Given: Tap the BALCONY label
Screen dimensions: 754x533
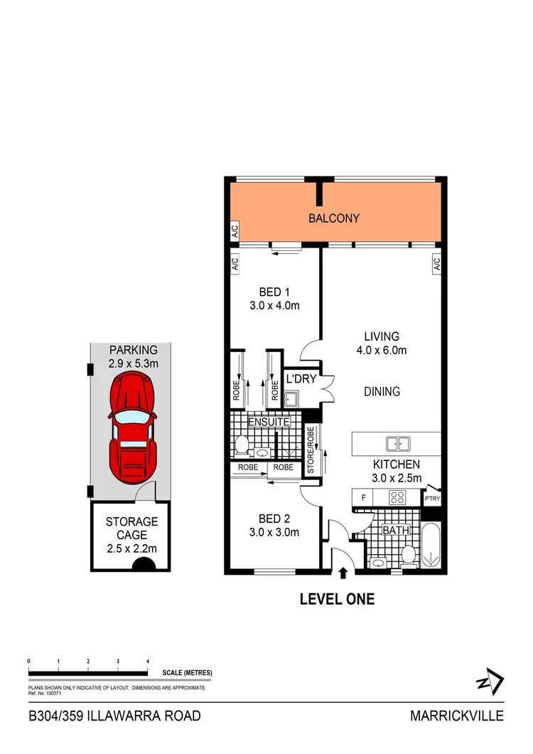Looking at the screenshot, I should click(x=333, y=218).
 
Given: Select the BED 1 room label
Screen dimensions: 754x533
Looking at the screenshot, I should click(x=274, y=299).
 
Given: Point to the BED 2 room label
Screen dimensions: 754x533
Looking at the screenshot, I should click(x=274, y=525).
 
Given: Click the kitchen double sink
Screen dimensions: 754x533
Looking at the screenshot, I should click(x=398, y=444).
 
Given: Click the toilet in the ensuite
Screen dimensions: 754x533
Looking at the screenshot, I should click(x=241, y=446).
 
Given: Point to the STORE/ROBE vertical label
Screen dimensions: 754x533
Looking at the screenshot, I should click(x=310, y=450).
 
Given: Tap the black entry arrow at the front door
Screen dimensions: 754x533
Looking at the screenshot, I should click(x=345, y=571).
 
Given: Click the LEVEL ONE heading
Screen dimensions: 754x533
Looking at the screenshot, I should click(x=337, y=600).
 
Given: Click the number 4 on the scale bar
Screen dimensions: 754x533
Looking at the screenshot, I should click(x=148, y=662).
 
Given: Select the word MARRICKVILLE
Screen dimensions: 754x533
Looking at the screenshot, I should click(x=456, y=716).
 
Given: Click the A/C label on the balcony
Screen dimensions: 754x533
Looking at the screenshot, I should click(x=234, y=232).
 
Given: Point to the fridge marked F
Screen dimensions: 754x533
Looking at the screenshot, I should click(x=362, y=497).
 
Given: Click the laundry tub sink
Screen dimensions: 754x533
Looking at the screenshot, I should click(x=290, y=398).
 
